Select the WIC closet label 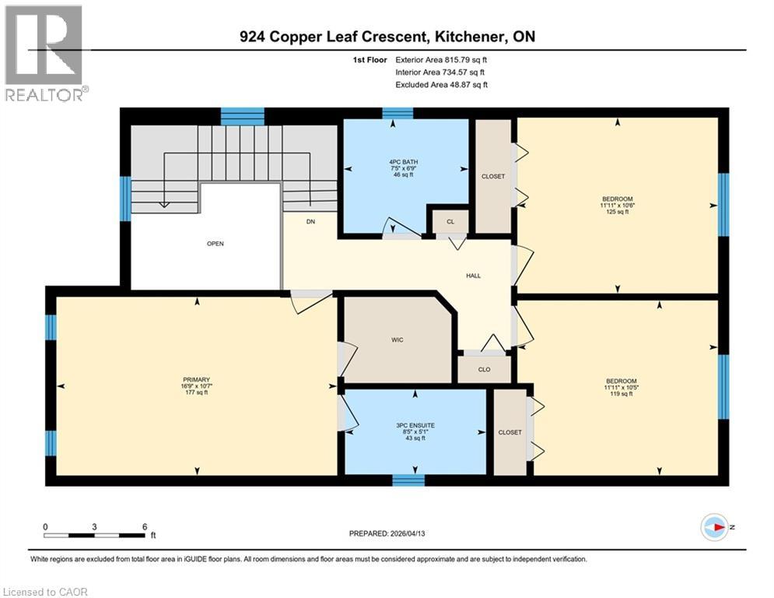[x=398, y=340]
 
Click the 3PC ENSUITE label [x=415, y=426]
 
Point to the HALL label [x=473, y=276]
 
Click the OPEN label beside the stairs [x=215, y=244]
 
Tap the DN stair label [x=310, y=222]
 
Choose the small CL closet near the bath [x=450, y=221]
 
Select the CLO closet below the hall [x=484, y=369]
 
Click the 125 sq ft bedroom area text [x=616, y=212]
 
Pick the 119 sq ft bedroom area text [x=621, y=394]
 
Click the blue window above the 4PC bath [x=398, y=113]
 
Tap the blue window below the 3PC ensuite [x=408, y=480]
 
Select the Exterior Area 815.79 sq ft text [x=441, y=59]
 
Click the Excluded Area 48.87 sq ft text [x=441, y=84]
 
